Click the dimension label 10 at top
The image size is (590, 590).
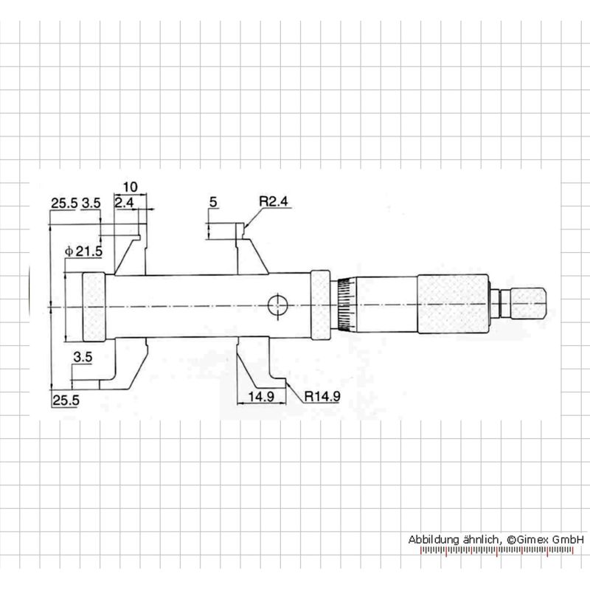click(x=131, y=187)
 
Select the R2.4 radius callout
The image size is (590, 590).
click(x=274, y=201)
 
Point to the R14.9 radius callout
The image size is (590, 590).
click(x=322, y=396)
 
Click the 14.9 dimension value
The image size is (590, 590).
click(x=261, y=396)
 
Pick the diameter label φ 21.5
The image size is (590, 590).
click(x=83, y=251)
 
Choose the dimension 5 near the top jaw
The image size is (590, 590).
click(x=213, y=202)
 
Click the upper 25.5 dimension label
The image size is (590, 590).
click(x=64, y=204)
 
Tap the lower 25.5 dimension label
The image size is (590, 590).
click(x=66, y=400)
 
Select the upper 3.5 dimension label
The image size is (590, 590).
click(x=91, y=204)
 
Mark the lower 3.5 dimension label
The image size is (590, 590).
click(x=83, y=357)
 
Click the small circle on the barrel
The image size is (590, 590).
click(x=277, y=305)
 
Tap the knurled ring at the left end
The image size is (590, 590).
click(x=94, y=307)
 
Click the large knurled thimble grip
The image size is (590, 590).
click(x=453, y=304)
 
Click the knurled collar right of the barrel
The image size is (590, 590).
click(x=321, y=305)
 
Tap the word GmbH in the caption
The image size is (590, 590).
click(x=569, y=539)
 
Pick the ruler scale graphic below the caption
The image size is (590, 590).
click(x=496, y=551)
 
